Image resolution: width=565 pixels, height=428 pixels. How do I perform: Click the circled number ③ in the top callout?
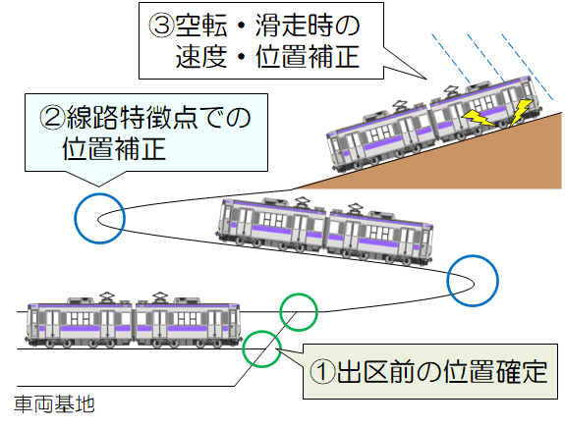coord(161,26)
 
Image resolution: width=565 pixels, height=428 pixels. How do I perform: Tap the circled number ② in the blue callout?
coord(51,117)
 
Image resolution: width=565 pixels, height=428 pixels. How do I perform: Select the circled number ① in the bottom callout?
coord(322,371)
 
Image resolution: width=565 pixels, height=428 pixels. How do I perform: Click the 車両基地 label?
coord(54,404)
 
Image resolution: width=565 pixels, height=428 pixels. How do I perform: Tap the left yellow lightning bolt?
coord(479,118)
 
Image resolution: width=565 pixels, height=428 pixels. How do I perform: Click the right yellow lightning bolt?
coord(521,111)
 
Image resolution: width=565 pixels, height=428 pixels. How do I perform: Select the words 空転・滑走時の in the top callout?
coord(267,26)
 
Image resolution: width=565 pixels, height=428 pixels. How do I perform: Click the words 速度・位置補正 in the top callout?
coord(267,57)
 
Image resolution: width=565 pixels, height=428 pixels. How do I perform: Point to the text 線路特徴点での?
coord(158,117)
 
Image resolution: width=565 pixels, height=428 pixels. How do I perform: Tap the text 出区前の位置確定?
coord(442,371)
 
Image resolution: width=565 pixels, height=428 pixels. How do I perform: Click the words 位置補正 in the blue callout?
coord(114,148)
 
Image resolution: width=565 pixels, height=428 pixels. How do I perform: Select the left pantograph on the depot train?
coord(107,297)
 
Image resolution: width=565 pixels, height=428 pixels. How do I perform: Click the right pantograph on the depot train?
coord(159,297)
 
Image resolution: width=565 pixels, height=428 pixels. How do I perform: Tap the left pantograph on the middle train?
coord(302,202)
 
